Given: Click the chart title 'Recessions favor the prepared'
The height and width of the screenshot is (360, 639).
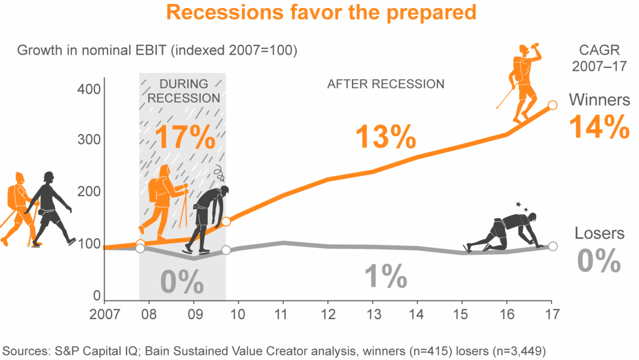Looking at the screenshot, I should [x=321, y=12].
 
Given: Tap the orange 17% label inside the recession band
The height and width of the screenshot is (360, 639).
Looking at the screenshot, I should [x=185, y=137].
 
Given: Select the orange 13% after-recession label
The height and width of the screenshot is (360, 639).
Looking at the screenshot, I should [x=386, y=137].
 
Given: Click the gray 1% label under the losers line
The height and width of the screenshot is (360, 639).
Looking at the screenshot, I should [x=386, y=276].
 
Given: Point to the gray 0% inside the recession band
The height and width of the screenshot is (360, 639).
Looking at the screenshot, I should [x=182, y=282].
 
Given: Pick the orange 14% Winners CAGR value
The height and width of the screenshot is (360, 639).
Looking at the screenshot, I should [x=599, y=127].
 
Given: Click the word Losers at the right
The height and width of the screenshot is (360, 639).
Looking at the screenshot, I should [x=599, y=233].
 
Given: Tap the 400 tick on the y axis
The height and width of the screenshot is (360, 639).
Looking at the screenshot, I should [x=89, y=89].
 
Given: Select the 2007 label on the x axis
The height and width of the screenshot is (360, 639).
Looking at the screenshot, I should [x=104, y=314].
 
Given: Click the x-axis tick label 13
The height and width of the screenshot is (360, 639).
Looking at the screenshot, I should [x=374, y=314].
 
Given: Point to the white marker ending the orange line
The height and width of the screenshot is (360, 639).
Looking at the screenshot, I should [x=553, y=105].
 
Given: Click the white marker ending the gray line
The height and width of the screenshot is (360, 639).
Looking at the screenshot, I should [x=553, y=246].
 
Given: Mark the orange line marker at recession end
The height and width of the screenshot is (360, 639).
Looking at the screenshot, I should [x=226, y=221].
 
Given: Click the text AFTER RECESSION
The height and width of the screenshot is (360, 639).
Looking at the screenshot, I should [x=386, y=84].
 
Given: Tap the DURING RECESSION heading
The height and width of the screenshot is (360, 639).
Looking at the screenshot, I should [x=184, y=91].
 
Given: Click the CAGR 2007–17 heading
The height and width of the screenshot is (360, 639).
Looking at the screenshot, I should [x=599, y=58].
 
